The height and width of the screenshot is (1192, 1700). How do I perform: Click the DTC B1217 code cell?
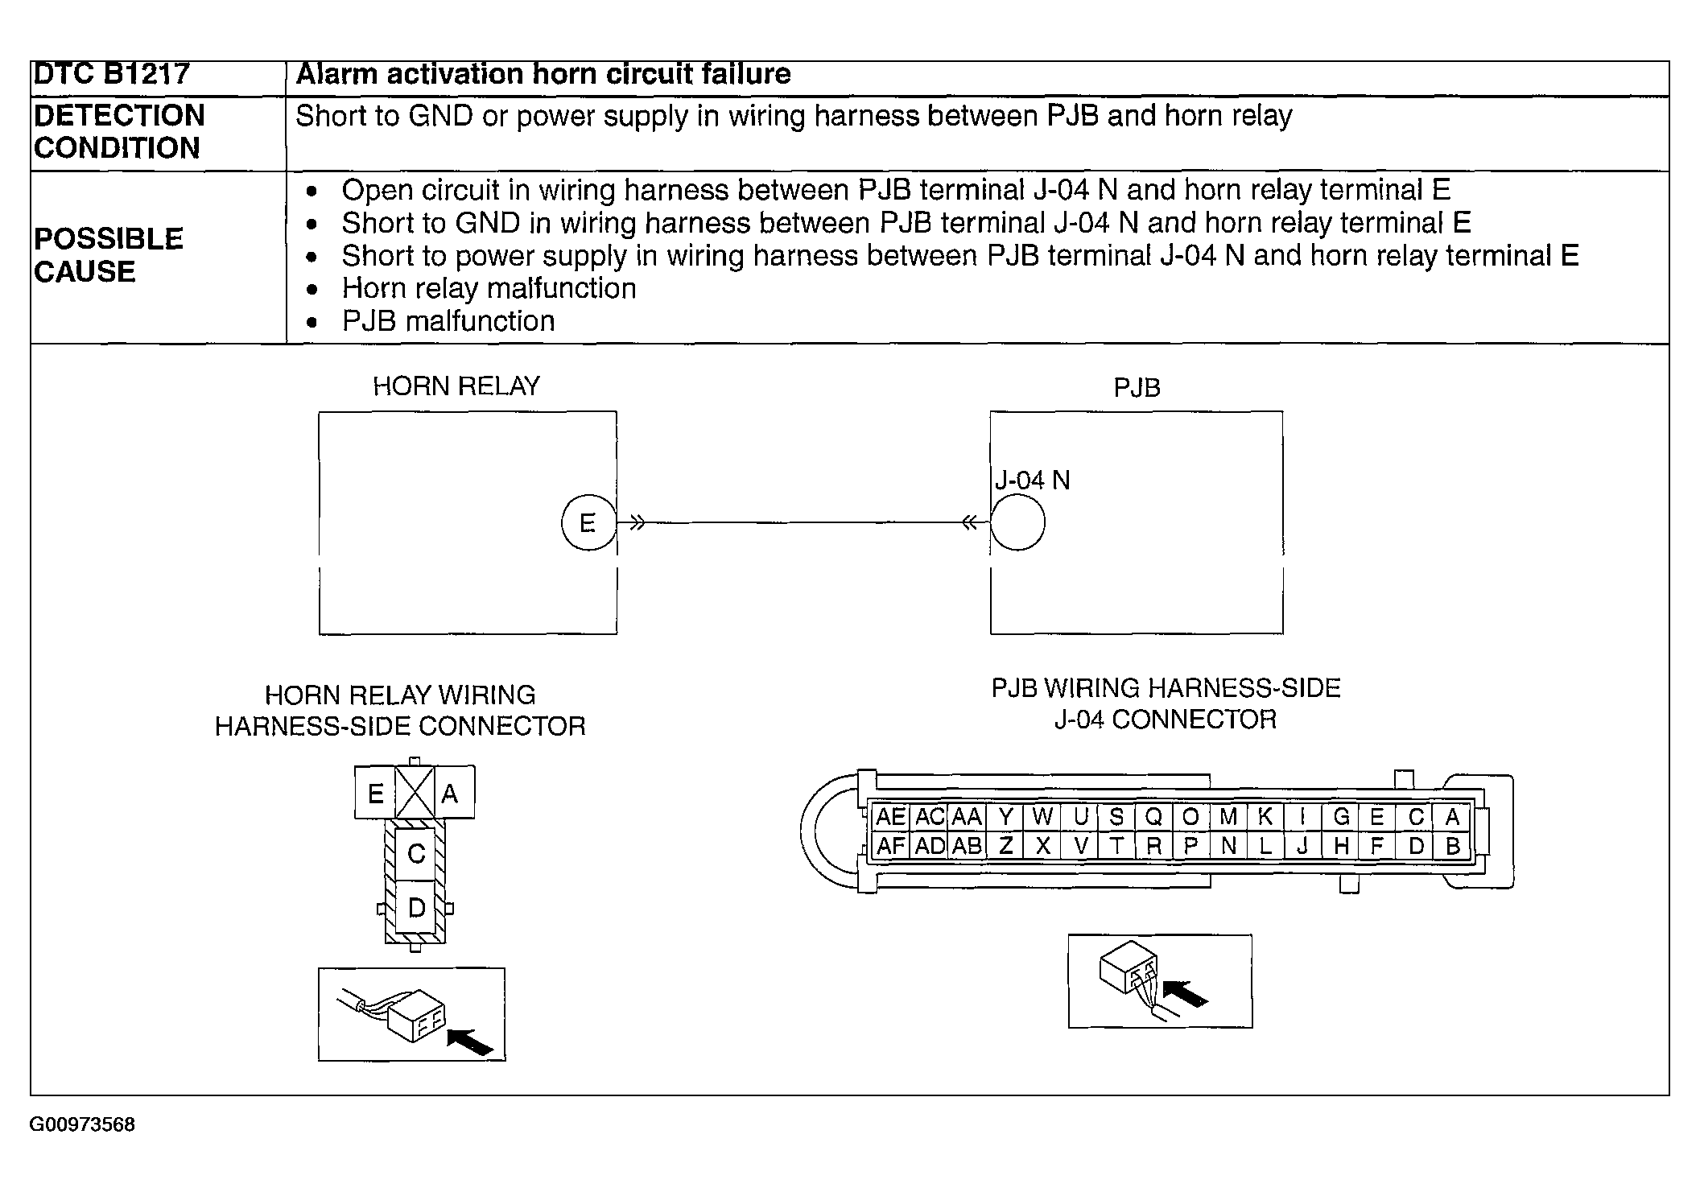pos(112,74)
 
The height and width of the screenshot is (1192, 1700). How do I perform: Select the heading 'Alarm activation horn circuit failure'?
pos(543,74)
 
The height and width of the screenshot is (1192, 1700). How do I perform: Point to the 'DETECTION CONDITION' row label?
pos(119,132)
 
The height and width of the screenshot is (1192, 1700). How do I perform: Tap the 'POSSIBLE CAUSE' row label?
pos(109,255)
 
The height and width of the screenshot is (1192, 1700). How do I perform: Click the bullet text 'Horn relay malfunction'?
pos(489,288)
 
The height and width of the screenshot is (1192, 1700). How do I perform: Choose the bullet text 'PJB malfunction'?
pos(448,321)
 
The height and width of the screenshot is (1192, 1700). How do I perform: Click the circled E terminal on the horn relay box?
pos(588,523)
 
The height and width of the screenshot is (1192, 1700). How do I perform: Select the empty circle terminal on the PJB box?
pos(1017,523)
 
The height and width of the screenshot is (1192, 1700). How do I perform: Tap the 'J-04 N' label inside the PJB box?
pos(1033,481)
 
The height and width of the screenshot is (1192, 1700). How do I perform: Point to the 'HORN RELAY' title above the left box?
pos(456,386)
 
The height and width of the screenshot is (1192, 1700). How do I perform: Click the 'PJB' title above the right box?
pos(1137,388)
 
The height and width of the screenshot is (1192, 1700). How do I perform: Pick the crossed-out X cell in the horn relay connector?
pos(415,793)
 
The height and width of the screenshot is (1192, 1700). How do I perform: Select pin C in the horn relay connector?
pos(415,853)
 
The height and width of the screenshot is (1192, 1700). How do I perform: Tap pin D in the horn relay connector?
pos(415,908)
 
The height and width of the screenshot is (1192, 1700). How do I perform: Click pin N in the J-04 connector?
pos(1228,846)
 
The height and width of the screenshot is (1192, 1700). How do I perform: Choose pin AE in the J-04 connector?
pos(890,817)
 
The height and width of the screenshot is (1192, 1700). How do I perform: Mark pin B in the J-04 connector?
pos(1453,846)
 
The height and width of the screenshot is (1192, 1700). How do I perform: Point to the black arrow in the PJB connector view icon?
pos(1186,993)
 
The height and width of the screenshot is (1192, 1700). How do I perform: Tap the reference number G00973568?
pos(82,1124)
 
